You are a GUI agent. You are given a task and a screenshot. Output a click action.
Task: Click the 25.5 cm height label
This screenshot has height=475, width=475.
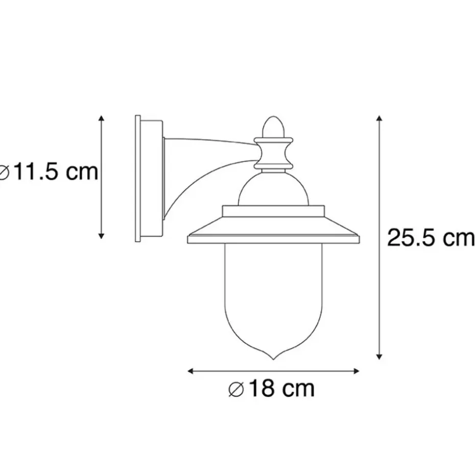tap(430, 237)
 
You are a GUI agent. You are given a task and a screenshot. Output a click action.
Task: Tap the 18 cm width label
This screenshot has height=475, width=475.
tap(272, 389)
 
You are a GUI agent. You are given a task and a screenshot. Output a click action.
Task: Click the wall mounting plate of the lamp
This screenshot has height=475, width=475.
tap(138, 179)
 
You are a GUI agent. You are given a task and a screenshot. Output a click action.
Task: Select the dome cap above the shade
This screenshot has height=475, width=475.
tap(274, 189)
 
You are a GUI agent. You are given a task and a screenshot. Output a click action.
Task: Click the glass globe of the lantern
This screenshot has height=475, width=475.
tap(274, 296)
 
